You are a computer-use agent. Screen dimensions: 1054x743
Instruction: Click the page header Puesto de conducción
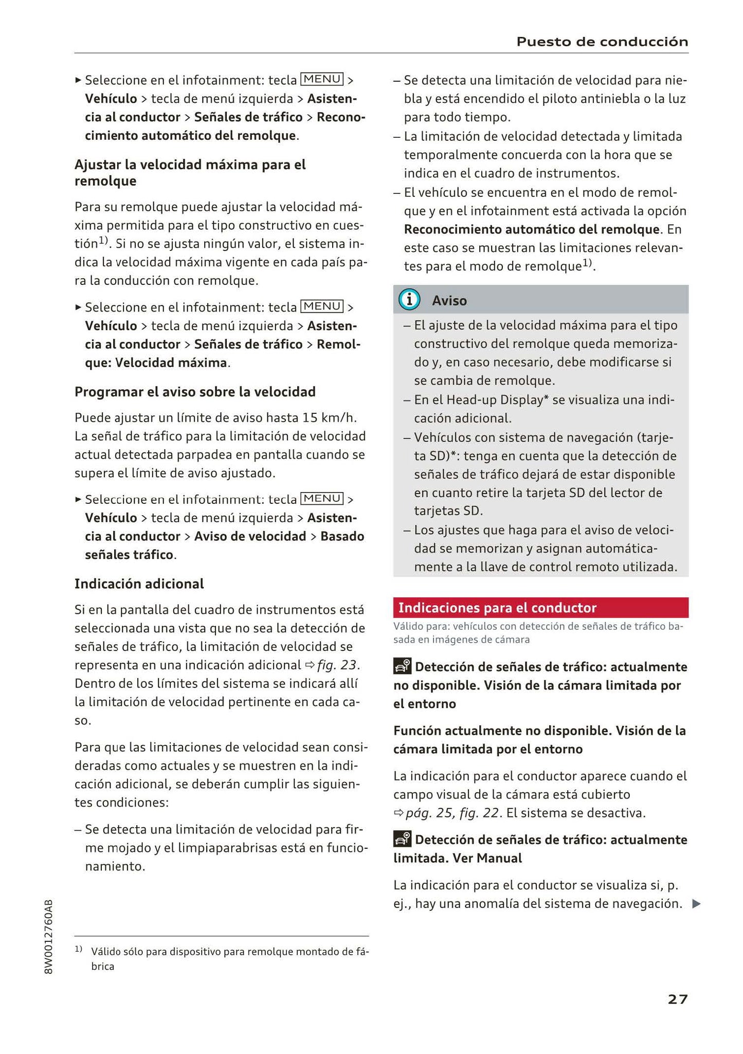pyautogui.click(x=602, y=42)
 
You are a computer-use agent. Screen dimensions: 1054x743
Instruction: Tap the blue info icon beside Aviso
pyautogui.click(x=409, y=300)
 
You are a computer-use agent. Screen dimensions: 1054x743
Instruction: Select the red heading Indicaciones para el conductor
pyautogui.click(x=497, y=608)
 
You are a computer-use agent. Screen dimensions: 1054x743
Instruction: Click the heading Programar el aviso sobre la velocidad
pyautogui.click(x=195, y=392)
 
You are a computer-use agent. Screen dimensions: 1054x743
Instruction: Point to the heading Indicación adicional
pyautogui.click(x=139, y=584)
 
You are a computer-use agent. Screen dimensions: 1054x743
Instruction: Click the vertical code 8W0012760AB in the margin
pyautogui.click(x=49, y=936)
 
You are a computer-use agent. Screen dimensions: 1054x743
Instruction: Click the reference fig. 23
pyautogui.click(x=338, y=665)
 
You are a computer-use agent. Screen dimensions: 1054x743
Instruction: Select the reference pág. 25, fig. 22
pyautogui.click(x=452, y=813)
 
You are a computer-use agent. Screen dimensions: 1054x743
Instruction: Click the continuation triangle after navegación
pyautogui.click(x=696, y=903)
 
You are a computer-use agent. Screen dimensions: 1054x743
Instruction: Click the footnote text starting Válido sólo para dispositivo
pyautogui.click(x=229, y=952)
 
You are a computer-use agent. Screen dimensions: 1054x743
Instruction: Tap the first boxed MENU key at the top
pyautogui.click(x=322, y=79)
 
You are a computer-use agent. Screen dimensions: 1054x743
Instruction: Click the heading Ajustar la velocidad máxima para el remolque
pyautogui.click(x=190, y=173)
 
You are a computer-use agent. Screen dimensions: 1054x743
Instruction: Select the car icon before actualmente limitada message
pyautogui.click(x=402, y=839)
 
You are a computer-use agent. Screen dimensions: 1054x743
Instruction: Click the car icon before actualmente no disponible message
pyautogui.click(x=402, y=666)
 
